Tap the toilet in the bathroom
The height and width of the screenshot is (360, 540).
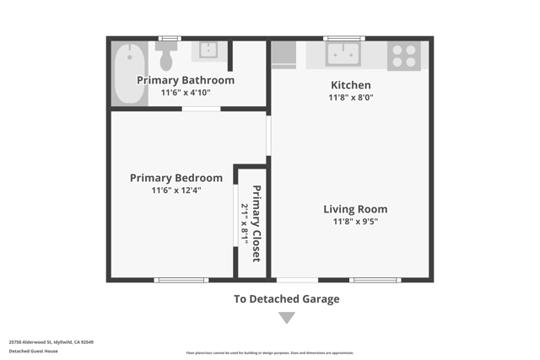166,56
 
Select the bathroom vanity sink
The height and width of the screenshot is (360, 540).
208,51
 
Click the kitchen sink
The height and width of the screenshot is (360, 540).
343,54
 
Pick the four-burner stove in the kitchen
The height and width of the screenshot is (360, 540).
404,56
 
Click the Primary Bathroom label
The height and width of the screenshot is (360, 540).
186,80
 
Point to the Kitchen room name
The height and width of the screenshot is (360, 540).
350,85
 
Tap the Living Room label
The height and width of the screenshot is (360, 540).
355,209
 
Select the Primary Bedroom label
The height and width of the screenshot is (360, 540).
176,178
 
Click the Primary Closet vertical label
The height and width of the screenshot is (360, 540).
256,223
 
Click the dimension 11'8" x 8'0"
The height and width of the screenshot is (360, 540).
351,98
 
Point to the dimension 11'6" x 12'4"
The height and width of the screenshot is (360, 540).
176,191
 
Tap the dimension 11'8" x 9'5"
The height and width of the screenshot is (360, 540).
355,222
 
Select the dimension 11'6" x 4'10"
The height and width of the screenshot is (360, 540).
186,93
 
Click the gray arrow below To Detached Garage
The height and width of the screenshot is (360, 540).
287,318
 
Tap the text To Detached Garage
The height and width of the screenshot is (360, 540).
287,298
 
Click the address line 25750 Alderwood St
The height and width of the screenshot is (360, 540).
51,342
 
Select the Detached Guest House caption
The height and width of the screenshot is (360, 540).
34,351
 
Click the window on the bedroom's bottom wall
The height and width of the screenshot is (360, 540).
181,279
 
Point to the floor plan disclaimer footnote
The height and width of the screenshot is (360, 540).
270,353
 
